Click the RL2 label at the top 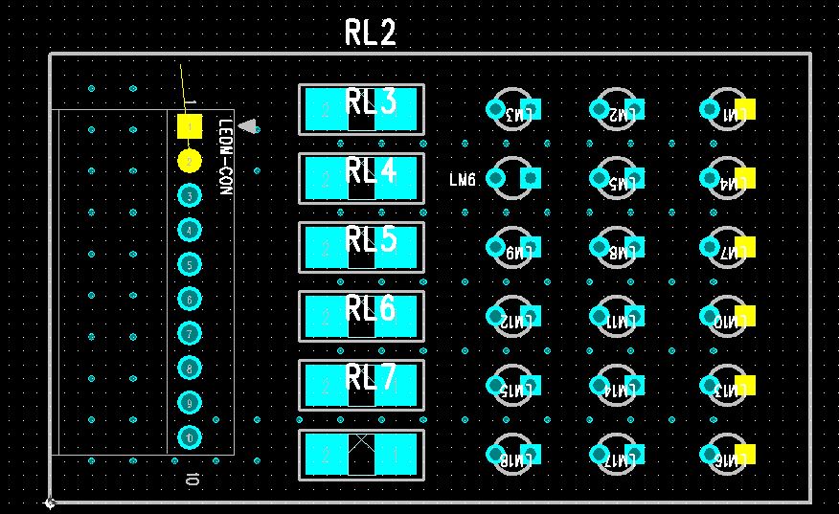(x=371, y=34)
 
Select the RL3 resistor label (x=371, y=102)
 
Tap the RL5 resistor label (x=371, y=239)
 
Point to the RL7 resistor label (x=371, y=378)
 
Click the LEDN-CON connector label (x=226, y=158)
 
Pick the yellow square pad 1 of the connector (x=190, y=125)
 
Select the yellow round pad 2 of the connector (x=190, y=160)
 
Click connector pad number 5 (x=190, y=264)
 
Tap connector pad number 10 (x=190, y=437)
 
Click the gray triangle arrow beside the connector (x=248, y=126)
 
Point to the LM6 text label (x=463, y=179)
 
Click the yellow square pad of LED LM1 (x=744, y=109)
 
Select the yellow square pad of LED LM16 (x=744, y=454)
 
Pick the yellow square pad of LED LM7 (x=744, y=247)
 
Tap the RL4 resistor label (x=371, y=171)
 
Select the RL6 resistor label (x=371, y=308)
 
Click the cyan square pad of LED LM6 (x=531, y=177)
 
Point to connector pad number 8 (x=190, y=368)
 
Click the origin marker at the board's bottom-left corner (x=50, y=502)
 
